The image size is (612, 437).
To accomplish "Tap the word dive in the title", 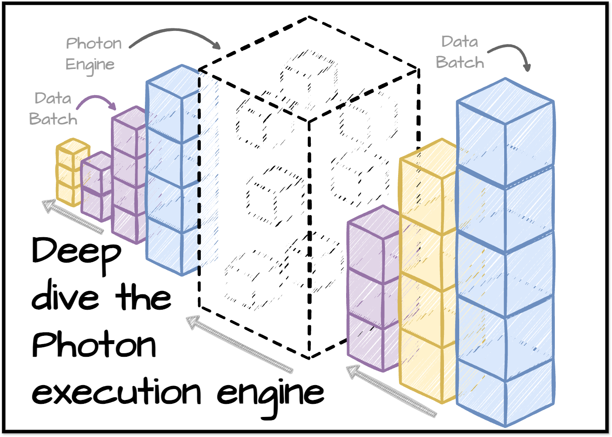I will point(65,297).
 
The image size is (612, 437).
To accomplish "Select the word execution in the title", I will point(116,391).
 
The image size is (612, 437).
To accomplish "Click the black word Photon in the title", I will point(94,345).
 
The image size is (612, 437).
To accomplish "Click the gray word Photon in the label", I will point(94,44).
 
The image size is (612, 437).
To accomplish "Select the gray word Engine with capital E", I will point(90,65).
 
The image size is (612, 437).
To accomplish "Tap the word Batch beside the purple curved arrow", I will point(53,119).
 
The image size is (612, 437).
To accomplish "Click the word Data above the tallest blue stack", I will point(460,42).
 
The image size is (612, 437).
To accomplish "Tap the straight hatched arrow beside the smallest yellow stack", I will point(72,216).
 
